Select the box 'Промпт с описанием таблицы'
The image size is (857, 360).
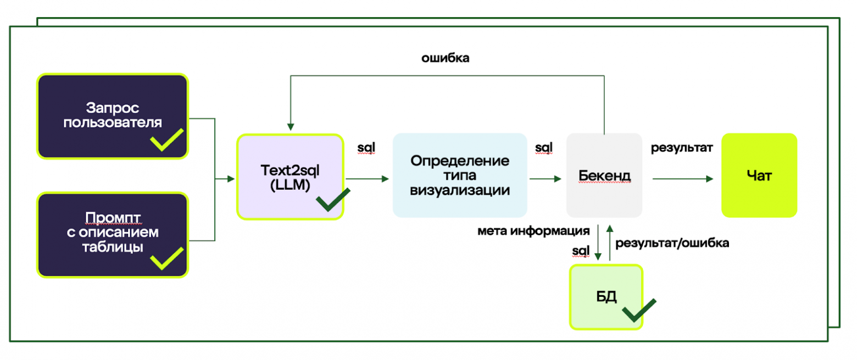(x=113, y=234)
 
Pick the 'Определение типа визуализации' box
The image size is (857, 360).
(x=460, y=175)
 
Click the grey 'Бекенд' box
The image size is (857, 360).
(x=604, y=175)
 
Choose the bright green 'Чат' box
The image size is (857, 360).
(x=759, y=175)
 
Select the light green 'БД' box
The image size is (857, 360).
(x=606, y=297)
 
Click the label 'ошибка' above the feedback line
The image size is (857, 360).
(x=445, y=57)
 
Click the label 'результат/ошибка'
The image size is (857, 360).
(x=672, y=242)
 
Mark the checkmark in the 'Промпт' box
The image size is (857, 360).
(x=167, y=258)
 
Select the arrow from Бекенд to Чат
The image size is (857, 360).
(x=683, y=179)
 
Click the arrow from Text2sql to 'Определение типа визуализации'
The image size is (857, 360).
(x=367, y=179)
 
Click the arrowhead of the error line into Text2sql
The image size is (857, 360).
(x=290, y=126)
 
